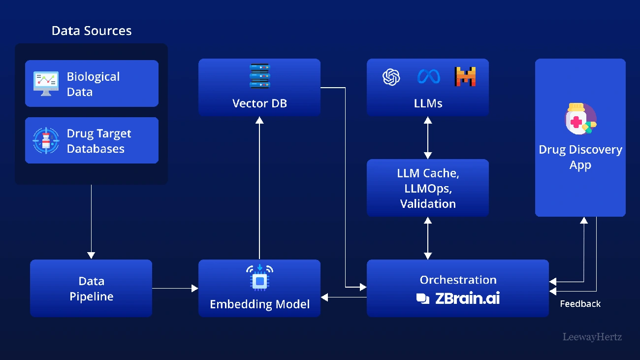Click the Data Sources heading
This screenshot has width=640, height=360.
click(x=92, y=31)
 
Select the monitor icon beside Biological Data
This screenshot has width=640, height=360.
click(x=46, y=84)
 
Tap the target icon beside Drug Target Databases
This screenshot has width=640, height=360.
click(x=46, y=140)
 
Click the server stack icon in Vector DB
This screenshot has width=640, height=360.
click(x=259, y=76)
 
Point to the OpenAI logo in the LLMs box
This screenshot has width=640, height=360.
click(x=391, y=77)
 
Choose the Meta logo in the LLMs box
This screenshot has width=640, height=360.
click(x=428, y=77)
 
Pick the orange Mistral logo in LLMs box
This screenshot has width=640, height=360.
click(x=465, y=77)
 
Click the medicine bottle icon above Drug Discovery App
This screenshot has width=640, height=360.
click(x=580, y=119)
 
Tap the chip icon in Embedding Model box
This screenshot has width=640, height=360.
click(x=259, y=279)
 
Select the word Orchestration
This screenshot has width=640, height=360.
click(x=458, y=280)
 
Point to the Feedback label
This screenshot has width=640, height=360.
click(x=580, y=304)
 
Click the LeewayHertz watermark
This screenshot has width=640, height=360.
click(x=592, y=337)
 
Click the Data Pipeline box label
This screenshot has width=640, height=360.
click(x=91, y=289)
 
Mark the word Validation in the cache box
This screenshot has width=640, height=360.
click(x=428, y=203)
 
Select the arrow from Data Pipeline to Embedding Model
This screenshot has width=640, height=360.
click(x=175, y=289)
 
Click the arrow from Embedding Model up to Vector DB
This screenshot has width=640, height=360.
click(x=259, y=187)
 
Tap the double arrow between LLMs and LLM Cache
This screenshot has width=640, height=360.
click(x=428, y=137)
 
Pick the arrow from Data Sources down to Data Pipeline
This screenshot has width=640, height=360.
click(x=91, y=222)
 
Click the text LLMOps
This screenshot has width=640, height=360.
click(x=428, y=188)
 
